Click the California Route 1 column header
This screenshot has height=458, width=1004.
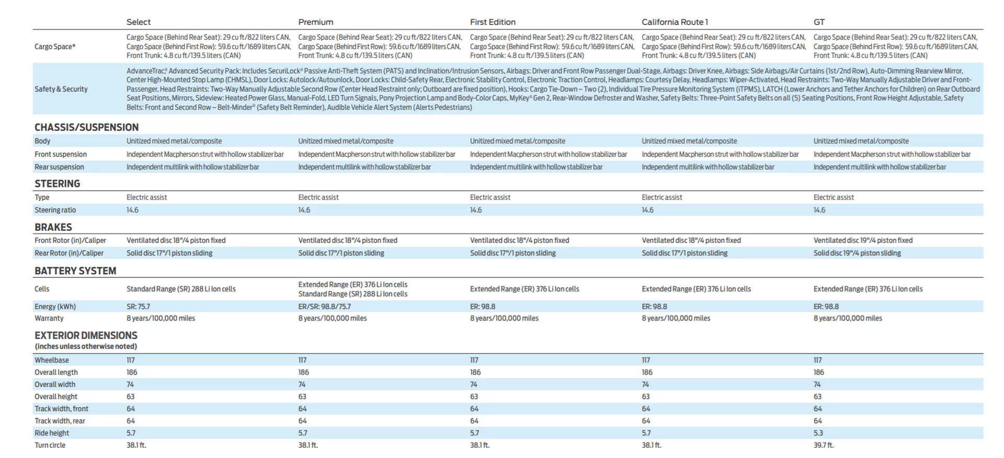coord(675,22)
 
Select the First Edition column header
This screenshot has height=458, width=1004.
coord(493,22)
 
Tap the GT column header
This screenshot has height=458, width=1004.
coord(819,22)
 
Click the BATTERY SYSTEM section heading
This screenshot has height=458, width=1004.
coord(75,271)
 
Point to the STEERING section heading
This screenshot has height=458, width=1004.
coord(58,184)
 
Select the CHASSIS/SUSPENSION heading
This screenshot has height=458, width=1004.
coord(87,127)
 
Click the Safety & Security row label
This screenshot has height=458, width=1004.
coord(61,89)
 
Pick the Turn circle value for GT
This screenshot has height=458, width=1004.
coord(824,445)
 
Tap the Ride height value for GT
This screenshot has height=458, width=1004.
coord(818,433)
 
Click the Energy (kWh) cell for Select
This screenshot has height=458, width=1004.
coord(138,306)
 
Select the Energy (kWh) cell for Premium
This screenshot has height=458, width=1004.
coord(324,306)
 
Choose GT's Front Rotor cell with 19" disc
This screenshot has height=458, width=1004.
coord(863,240)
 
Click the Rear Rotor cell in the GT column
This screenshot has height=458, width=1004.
coord(857,253)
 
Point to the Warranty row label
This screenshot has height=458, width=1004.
coord(49,318)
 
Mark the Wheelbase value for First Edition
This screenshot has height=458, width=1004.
coord(474,360)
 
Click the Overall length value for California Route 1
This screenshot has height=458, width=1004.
coord(647,372)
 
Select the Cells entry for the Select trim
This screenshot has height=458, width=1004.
coord(181,289)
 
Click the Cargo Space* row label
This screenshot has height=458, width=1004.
coord(55,47)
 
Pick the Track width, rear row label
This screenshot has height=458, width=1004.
coord(60,421)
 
